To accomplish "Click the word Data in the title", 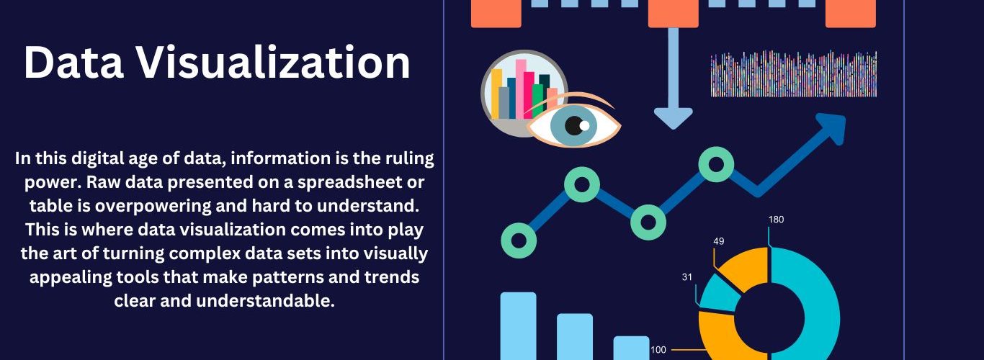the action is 73,63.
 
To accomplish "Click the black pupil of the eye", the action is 573,125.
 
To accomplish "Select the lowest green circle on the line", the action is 519,240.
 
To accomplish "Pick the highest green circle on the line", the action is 716,165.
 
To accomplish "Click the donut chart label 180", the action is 776,220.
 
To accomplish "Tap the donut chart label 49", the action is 719,241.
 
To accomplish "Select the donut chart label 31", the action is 687,277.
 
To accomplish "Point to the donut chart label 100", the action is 658,350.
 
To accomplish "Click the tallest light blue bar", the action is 519,326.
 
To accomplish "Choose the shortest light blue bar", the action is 631,348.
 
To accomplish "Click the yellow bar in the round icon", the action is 496,94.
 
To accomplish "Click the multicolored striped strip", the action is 794,73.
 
